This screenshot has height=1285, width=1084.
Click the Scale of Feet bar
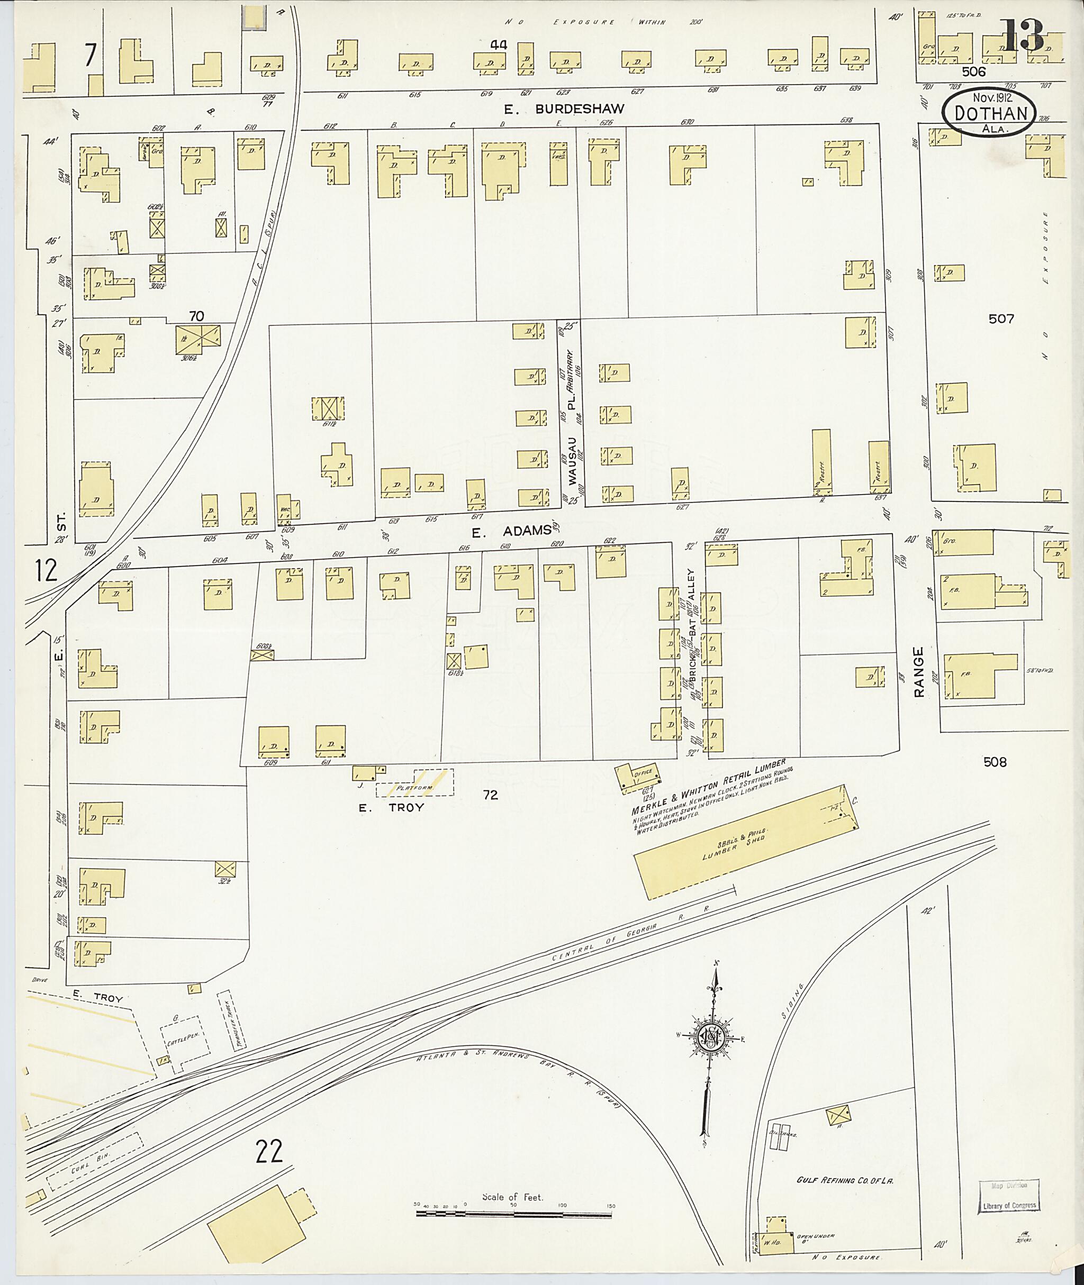[x=515, y=1214]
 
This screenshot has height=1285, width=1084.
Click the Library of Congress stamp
[x=1008, y=1196]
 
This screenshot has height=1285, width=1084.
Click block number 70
[x=196, y=316]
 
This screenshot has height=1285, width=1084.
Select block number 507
[x=1001, y=319]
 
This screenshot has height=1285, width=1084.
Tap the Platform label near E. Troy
[x=415, y=788]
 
